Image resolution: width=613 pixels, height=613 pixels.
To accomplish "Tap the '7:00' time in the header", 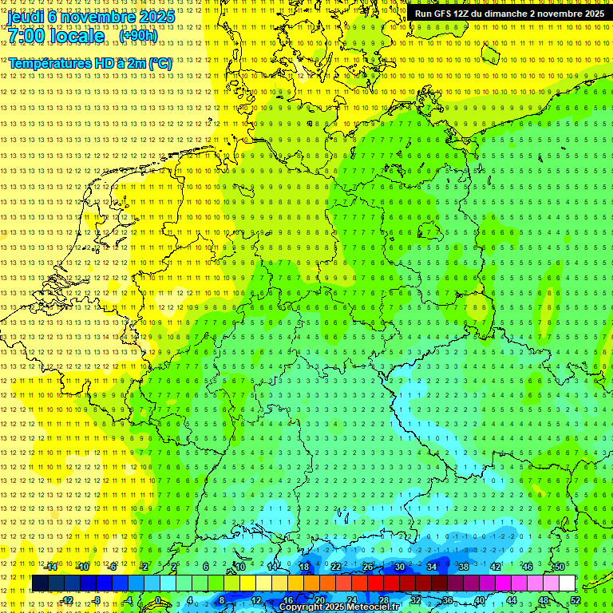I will click(26, 36).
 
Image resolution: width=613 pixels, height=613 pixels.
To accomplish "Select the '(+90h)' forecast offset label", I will click(138, 35).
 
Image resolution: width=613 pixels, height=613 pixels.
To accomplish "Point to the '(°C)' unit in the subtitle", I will click(160, 63).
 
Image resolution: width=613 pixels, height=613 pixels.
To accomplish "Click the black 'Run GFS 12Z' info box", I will click(508, 14).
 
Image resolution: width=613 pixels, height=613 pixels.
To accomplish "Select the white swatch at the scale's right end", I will click(567, 583).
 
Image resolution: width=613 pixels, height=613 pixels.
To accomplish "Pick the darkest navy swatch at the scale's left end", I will click(40, 583).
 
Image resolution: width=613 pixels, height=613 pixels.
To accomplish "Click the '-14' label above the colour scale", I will click(51, 567).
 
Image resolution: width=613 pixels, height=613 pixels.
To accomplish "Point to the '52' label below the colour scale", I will click(575, 600).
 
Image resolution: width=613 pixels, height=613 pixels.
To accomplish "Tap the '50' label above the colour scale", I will click(559, 567).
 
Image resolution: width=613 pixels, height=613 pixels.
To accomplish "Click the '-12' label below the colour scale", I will click(67, 600).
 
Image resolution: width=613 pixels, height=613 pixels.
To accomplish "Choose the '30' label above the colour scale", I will click(399, 567).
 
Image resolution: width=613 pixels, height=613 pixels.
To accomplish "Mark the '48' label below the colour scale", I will click(544, 600).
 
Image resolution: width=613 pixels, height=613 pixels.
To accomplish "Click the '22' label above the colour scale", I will click(335, 567).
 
